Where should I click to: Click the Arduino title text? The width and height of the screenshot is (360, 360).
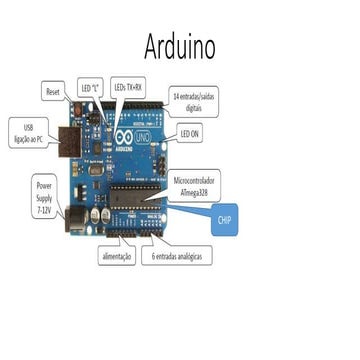point(180,46)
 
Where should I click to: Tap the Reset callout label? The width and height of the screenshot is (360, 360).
point(54,91)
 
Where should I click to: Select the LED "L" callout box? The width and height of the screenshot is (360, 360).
point(90,90)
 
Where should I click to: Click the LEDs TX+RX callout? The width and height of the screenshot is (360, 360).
point(129,88)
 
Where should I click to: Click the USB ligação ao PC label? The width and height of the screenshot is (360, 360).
point(29,131)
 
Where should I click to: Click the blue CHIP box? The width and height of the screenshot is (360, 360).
point(225,223)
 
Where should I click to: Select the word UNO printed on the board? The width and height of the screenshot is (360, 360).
point(142,134)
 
